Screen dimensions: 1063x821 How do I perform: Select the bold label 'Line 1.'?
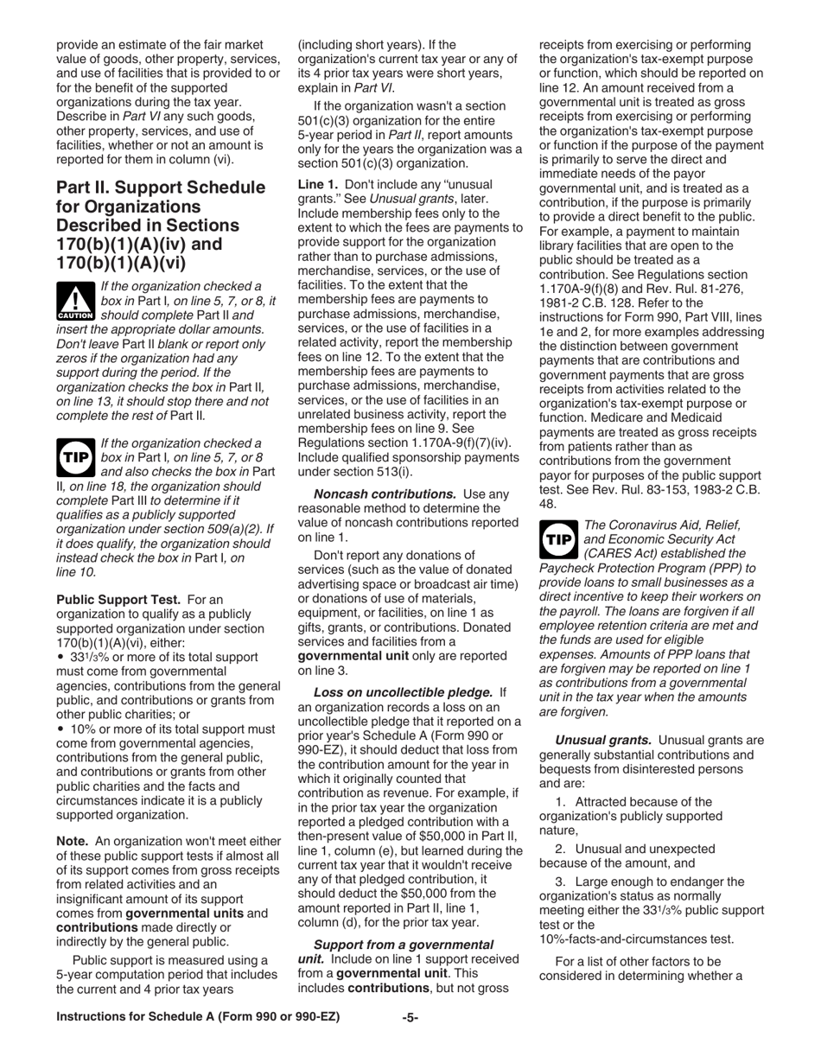tap(322, 184)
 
